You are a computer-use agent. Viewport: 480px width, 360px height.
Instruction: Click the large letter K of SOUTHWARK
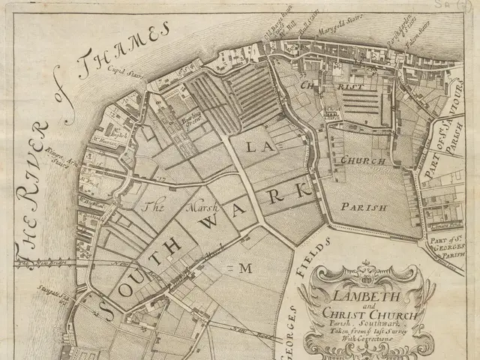[x=304, y=189]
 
